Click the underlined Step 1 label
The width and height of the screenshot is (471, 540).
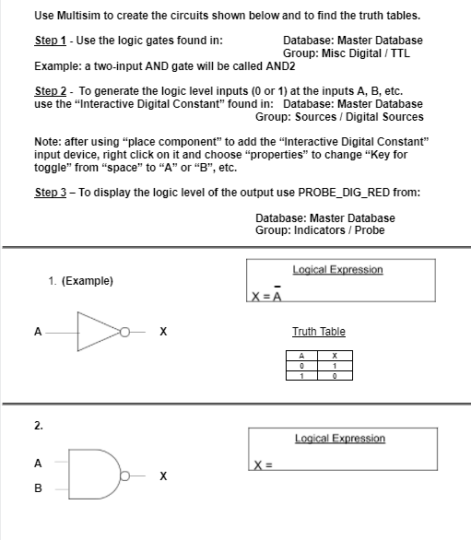click(x=51, y=41)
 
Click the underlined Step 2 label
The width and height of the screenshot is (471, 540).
click(x=51, y=91)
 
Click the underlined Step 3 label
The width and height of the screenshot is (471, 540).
click(x=51, y=193)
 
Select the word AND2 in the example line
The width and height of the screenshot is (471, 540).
click(x=280, y=66)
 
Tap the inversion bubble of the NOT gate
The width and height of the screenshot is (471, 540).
click(x=124, y=332)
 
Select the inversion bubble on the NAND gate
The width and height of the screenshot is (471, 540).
click(x=124, y=475)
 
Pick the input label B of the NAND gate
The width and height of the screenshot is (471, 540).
click(x=38, y=488)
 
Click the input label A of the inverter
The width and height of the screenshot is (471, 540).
click(x=38, y=332)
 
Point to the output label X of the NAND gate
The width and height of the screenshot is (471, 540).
click(x=163, y=475)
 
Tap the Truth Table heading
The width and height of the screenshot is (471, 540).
click(x=319, y=332)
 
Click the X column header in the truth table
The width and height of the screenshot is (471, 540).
click(x=335, y=356)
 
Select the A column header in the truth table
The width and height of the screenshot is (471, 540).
click(x=301, y=356)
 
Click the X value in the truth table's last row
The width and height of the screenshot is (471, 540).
click(x=335, y=376)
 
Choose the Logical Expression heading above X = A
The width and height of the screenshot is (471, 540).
click(x=337, y=269)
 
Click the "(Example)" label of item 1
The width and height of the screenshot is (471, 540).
click(x=88, y=281)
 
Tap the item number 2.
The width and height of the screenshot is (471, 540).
click(x=39, y=426)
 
